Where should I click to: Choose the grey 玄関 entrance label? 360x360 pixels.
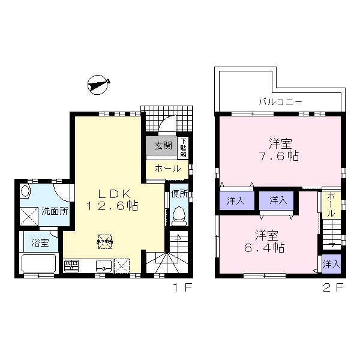(x=163, y=146)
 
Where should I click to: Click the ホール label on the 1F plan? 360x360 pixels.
(x=167, y=169)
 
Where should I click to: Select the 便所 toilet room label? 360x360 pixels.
(x=179, y=194)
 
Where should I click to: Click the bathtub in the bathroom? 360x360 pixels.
(x=39, y=263)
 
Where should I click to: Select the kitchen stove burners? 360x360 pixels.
(x=71, y=265)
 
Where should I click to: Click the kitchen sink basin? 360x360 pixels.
(x=100, y=265)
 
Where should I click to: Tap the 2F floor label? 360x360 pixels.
(x=335, y=288)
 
